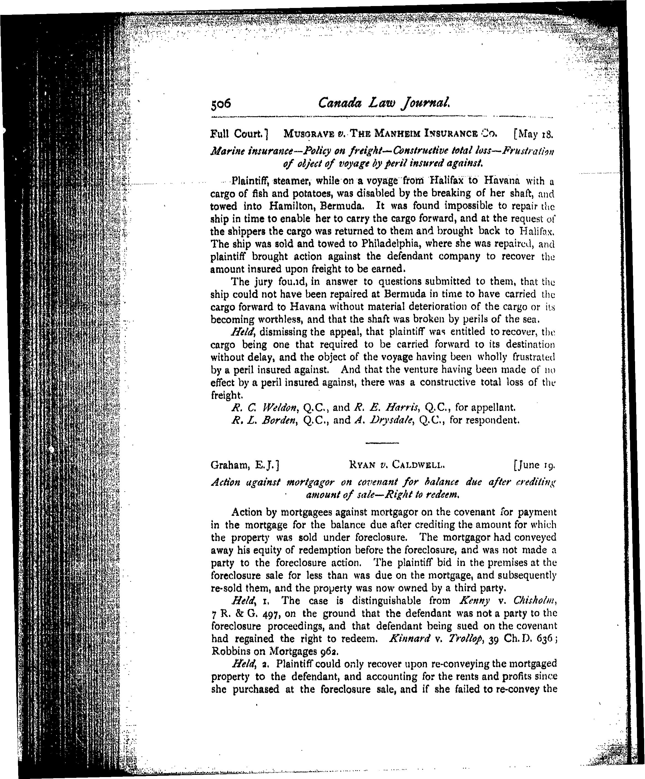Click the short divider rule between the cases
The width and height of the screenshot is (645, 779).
(x=382, y=443)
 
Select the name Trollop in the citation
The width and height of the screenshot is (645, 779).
(x=467, y=639)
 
